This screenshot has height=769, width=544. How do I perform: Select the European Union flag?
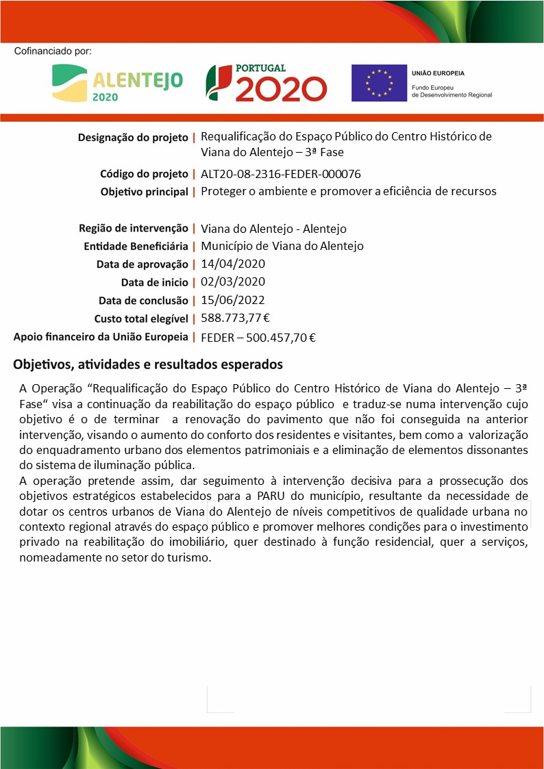[x=378, y=83]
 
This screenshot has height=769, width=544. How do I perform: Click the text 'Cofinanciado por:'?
[x=52, y=51]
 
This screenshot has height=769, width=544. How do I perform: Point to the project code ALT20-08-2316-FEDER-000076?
[x=281, y=174]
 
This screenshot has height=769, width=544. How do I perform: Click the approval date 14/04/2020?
[x=233, y=264]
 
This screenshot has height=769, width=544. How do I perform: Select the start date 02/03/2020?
[x=233, y=281]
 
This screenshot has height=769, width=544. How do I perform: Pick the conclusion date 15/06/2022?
[x=233, y=299]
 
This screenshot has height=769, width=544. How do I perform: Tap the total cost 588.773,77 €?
[x=235, y=318]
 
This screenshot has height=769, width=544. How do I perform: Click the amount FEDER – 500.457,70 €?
[x=258, y=337]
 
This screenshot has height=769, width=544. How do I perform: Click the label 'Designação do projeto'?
[x=133, y=138]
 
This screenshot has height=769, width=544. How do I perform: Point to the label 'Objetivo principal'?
[x=144, y=192]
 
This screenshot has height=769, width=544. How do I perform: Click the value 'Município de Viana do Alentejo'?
[x=282, y=246]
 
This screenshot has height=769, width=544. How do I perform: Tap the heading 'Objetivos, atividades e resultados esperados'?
[x=148, y=364]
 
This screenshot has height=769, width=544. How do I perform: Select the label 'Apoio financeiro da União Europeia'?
[x=101, y=337]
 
